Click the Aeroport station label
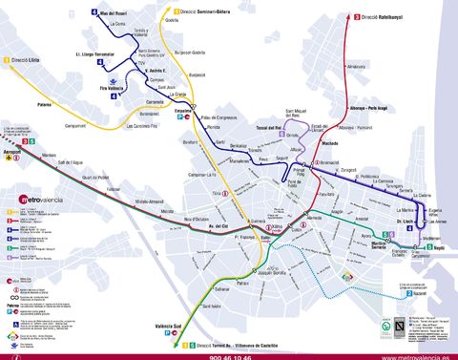click(15, 151)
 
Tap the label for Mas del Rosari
click(117, 13)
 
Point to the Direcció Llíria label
click(28, 59)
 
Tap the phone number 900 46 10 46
click(230, 355)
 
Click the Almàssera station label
click(358, 67)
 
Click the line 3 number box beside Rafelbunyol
click(357, 16)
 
